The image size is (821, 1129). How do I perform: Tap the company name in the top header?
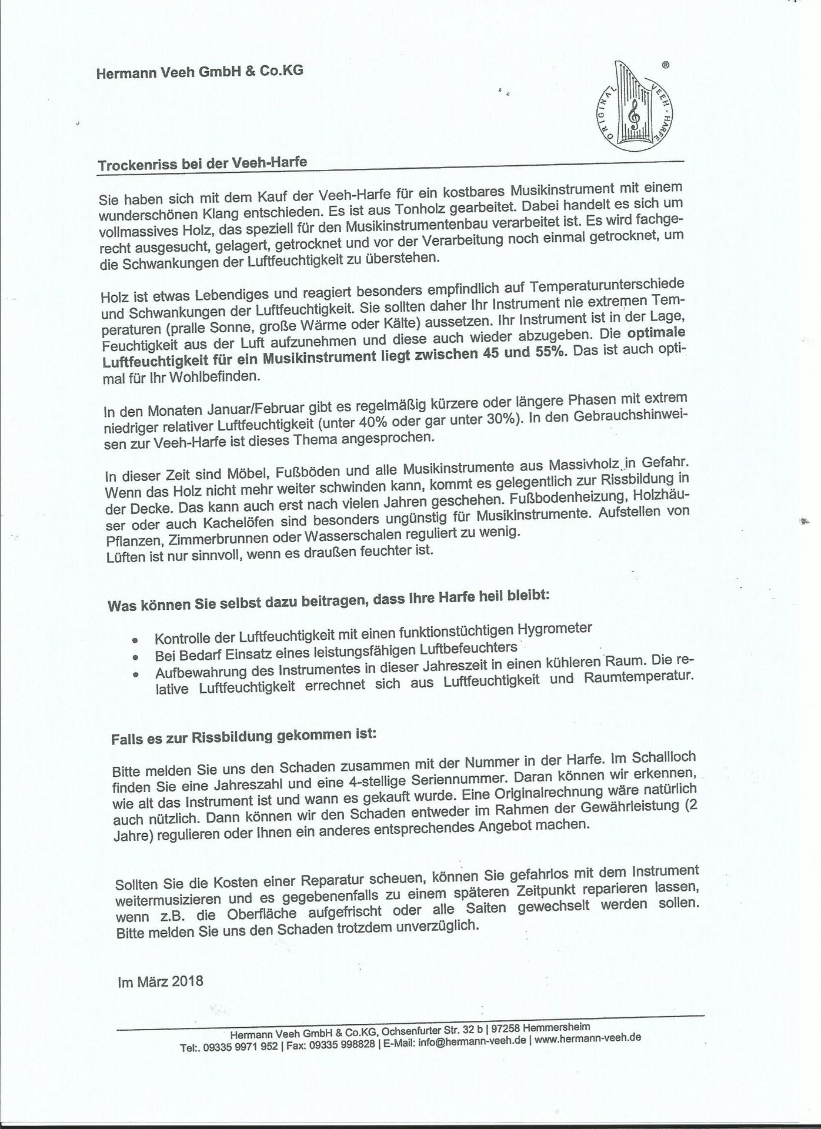tap(200, 72)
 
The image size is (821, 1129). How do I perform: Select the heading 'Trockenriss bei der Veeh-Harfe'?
tap(202, 163)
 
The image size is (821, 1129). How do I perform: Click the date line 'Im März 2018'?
tap(161, 982)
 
